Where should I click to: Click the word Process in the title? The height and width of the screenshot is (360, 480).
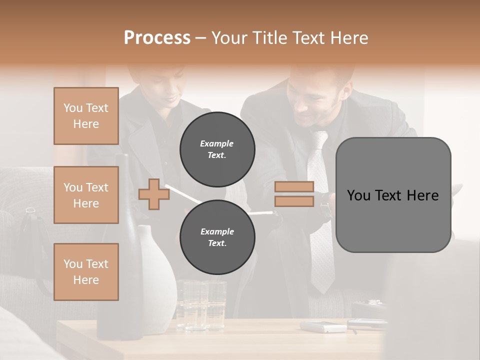(x=157, y=38)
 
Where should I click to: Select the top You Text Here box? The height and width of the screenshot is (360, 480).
(x=86, y=116)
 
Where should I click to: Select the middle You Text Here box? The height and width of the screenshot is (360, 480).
(x=86, y=195)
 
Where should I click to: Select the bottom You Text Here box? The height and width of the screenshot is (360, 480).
(x=86, y=272)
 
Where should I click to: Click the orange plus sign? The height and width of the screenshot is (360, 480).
(x=153, y=194)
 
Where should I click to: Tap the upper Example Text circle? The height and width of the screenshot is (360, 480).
(x=217, y=149)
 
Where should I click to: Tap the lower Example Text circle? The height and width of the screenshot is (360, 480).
(x=217, y=237)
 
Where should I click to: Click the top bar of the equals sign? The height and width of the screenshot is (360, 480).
(x=294, y=187)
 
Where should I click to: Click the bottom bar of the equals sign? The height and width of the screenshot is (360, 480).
(x=294, y=201)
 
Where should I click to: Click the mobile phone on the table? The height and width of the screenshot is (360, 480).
(x=323, y=327)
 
